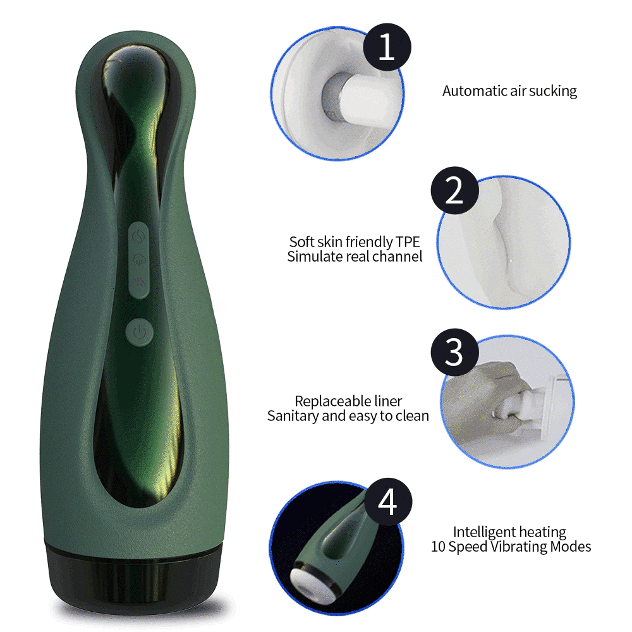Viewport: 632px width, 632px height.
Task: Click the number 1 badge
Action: (387, 47)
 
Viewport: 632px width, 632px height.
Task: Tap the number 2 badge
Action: (454, 190)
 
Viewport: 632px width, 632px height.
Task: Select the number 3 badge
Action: (454, 352)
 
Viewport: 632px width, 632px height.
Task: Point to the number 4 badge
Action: (388, 502)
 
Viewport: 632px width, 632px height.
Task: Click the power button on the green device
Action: (139, 332)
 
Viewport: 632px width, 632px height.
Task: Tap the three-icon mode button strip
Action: (139, 260)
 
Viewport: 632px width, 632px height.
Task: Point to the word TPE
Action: (408, 242)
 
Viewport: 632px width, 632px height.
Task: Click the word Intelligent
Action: (481, 533)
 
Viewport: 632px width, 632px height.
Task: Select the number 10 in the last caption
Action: (438, 547)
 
